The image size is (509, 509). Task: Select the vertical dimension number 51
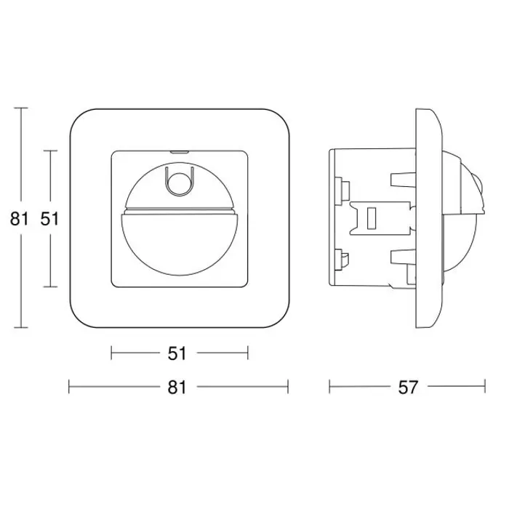(49, 218)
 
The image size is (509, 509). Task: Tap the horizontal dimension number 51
(177, 353)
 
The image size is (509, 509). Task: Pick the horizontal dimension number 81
(177, 387)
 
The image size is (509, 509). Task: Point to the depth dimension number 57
(408, 387)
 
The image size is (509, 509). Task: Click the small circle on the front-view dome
(179, 183)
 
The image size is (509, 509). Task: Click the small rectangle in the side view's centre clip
(370, 218)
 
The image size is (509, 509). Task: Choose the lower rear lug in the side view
(340, 256)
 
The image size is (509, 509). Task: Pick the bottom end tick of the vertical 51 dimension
(49, 286)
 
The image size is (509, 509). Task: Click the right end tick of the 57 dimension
(485, 386)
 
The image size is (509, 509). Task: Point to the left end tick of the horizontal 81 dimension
(69, 386)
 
